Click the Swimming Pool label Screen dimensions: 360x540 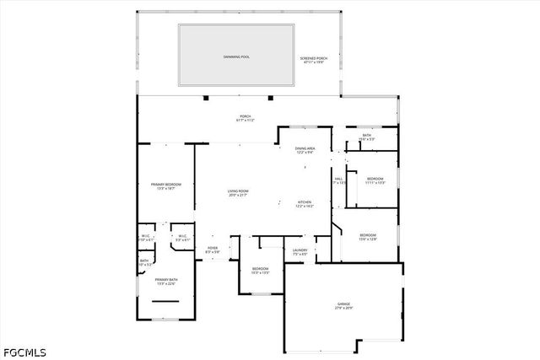pos(236,56)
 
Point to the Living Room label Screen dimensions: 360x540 pos(238,191)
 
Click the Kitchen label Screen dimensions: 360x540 pos(305,202)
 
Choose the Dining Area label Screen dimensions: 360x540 pos(305,148)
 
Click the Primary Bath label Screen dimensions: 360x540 pos(166,279)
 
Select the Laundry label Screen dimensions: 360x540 pos(300,250)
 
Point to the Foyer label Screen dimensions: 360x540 pos(213,248)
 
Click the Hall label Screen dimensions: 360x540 pos(338,179)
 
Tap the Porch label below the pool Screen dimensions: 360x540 pos(245,116)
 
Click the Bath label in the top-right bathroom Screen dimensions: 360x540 pos(367,135)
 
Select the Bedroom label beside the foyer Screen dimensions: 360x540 pos(260,269)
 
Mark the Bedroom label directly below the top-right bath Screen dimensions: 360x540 pos(375,179)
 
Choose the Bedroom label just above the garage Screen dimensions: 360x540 pos(368,234)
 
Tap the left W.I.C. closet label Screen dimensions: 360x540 pos(146,236)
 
